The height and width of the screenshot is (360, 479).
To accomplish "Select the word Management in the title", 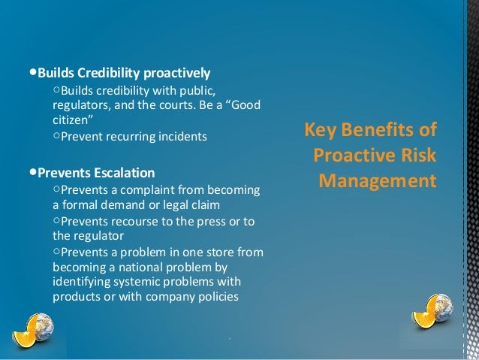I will [377, 181].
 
